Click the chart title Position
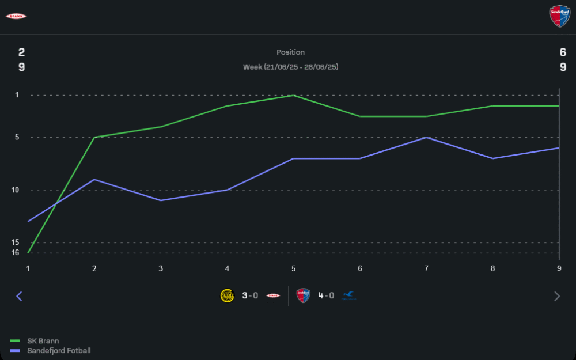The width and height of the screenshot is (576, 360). (x=290, y=52)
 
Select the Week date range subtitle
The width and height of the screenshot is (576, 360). (x=290, y=67)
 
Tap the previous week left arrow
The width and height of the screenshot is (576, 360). (x=19, y=296)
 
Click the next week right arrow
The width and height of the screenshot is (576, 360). (x=556, y=296)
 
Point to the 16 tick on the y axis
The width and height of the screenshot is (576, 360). (x=15, y=252)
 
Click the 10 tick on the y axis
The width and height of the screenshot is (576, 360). (x=15, y=190)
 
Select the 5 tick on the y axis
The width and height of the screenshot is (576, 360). (x=17, y=137)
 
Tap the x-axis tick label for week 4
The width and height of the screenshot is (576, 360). (x=227, y=268)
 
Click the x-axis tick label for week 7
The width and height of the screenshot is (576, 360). (x=426, y=268)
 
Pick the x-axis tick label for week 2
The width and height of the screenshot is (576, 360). (x=94, y=268)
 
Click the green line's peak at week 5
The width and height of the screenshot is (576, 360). (x=294, y=96)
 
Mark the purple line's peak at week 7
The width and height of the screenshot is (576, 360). (x=426, y=138)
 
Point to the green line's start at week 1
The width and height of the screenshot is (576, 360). (x=28, y=252)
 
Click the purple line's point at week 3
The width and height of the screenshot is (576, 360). (x=161, y=200)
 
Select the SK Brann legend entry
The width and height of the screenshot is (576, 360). (x=43, y=341)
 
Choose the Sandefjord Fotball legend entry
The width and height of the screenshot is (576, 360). (x=59, y=351)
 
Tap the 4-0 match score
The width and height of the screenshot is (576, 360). (x=326, y=295)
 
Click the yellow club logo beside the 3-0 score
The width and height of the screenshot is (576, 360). (x=227, y=295)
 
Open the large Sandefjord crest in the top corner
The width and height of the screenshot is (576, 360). (x=559, y=16)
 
